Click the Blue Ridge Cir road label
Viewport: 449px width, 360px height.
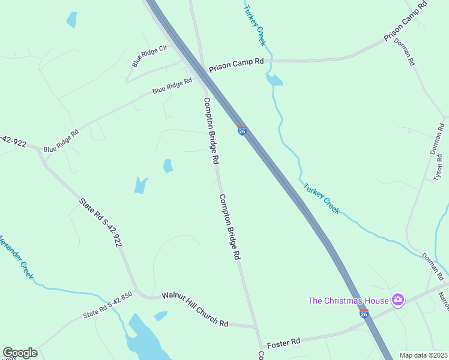click(x=149, y=55)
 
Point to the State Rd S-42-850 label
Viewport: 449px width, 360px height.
click(x=107, y=305)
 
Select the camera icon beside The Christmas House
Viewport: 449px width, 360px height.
click(x=397, y=299)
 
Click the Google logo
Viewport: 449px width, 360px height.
click(x=20, y=352)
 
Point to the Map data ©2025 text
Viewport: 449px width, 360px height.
click(x=423, y=355)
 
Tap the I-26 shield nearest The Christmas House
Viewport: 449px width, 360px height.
click(x=364, y=313)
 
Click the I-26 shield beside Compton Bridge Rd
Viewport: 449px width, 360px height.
click(x=242, y=131)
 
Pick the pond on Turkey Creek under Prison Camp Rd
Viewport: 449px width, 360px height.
click(x=274, y=80)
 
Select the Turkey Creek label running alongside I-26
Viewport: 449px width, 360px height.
click(x=321, y=198)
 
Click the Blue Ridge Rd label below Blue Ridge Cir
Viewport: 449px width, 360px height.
click(x=172, y=87)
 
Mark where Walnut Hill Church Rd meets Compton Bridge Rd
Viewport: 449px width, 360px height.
click(x=255, y=327)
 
